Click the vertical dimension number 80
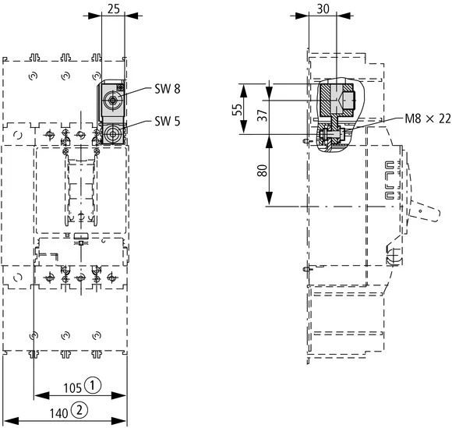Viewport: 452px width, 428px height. coord(261,170)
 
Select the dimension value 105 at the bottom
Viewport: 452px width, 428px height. coord(72,385)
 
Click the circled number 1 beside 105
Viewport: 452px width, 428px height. coord(93,385)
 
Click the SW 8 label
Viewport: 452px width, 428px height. coord(166,90)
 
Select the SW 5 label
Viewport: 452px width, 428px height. coord(166,120)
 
